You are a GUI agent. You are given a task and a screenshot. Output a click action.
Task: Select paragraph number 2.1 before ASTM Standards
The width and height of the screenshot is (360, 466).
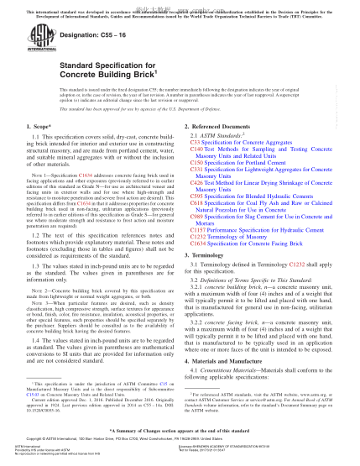click(x=195, y=136)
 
